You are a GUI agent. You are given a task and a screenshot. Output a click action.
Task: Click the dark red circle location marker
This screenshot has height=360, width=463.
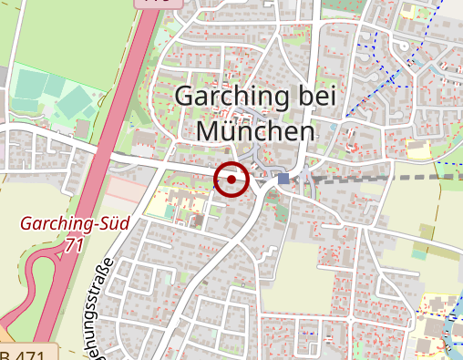232,180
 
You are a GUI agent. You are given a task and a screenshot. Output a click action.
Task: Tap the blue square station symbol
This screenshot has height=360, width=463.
284,179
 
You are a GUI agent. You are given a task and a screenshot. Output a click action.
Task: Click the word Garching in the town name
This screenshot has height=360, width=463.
231,97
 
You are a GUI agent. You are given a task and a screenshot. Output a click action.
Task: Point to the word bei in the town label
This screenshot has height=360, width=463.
315,97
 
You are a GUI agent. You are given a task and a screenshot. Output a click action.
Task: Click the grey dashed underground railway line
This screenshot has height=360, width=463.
383,179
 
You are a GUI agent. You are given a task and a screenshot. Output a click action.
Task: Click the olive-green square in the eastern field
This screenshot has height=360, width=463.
427,231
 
